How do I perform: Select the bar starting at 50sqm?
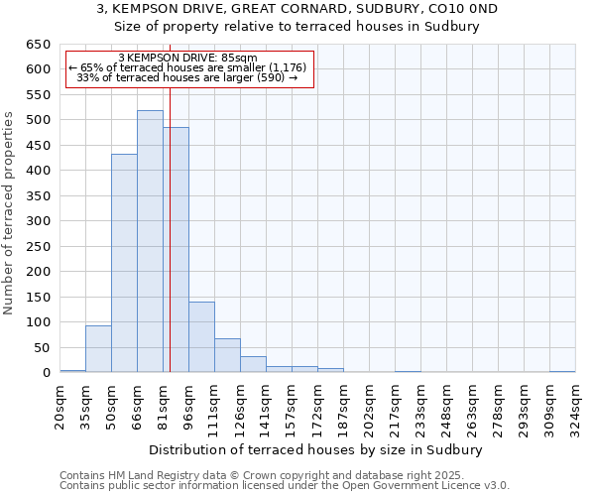[124, 263]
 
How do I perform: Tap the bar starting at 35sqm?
[98, 348]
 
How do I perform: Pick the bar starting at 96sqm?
[201, 337]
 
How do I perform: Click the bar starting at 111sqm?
[227, 355]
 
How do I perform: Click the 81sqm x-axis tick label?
[164, 403]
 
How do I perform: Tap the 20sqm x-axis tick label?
[60, 403]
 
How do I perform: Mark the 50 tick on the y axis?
[41, 347]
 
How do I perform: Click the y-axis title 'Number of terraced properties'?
[10, 212]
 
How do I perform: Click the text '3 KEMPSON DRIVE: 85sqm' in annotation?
[187, 58]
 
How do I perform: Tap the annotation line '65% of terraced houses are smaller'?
[188, 67]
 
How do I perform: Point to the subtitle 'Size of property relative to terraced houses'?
[297, 27]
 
